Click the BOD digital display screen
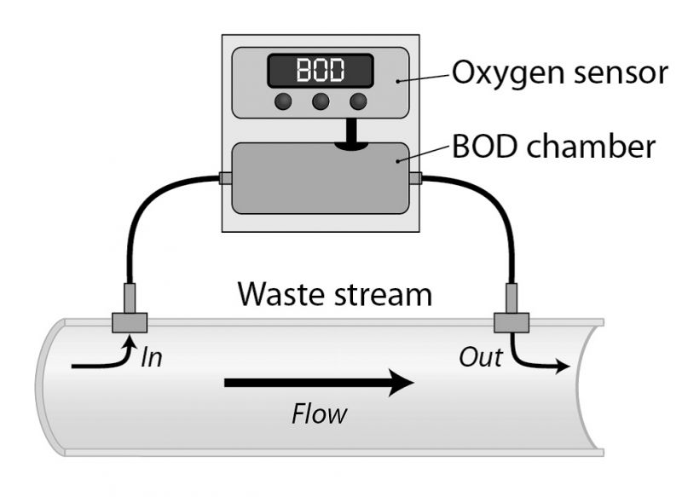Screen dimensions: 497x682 [x=321, y=70]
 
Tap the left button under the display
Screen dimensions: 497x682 [x=284, y=101]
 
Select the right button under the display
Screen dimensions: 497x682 [x=358, y=101]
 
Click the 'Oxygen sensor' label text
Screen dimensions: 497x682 [x=559, y=72]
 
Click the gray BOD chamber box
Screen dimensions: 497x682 [x=320, y=179]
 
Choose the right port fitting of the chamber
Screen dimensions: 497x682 [x=415, y=179]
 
